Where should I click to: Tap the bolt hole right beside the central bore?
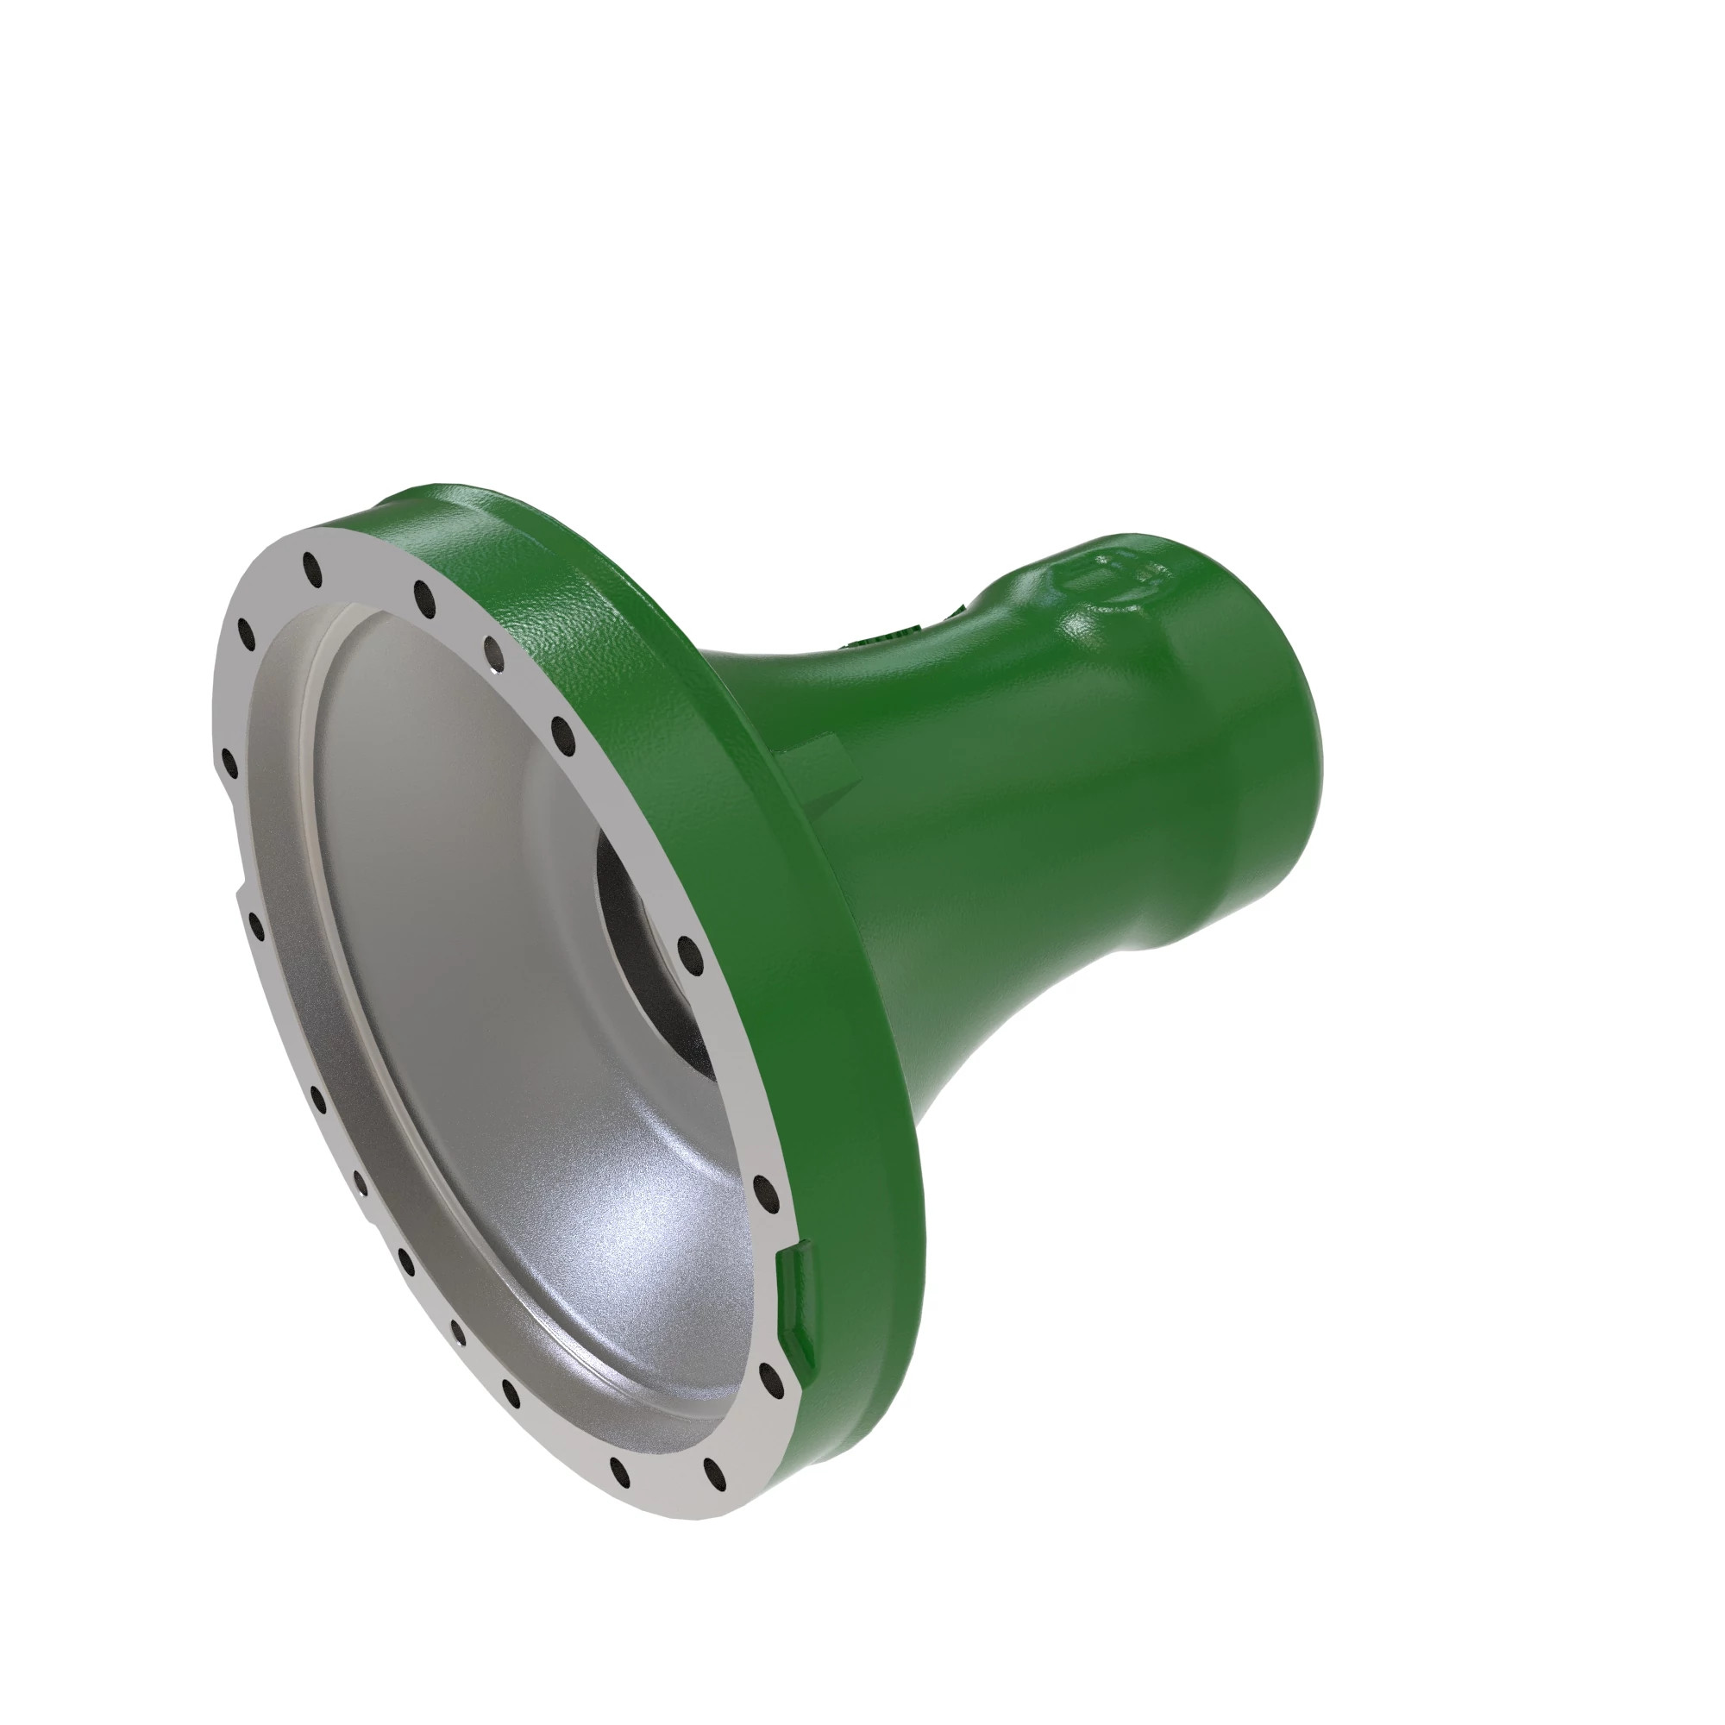pos(687,952)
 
